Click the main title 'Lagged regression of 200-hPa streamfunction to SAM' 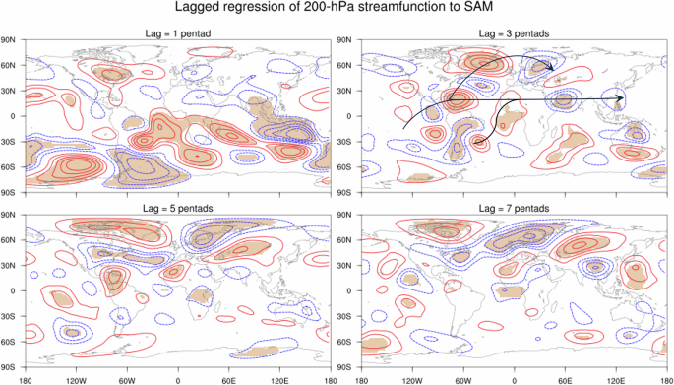[x=337, y=9]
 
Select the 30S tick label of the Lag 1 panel [x=9, y=142]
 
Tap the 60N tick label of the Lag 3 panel [x=346, y=66]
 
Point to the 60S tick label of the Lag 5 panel [x=9, y=342]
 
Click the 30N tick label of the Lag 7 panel [x=346, y=266]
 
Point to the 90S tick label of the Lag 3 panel [x=346, y=191]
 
